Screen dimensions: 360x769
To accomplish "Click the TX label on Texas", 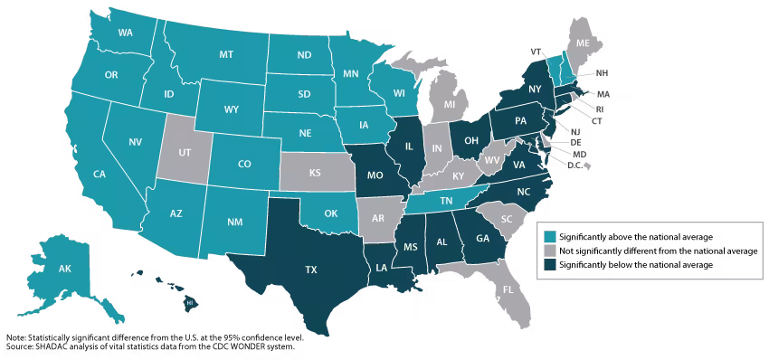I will [311, 270].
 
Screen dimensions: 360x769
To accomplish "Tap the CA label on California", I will [100, 174].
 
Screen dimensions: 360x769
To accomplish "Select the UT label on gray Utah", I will [185, 153].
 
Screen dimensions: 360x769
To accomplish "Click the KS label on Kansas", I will [316, 172].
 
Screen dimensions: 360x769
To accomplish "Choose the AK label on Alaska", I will [65, 269].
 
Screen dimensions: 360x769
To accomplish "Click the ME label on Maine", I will [583, 43].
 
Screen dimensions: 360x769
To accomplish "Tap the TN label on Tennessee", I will [446, 200].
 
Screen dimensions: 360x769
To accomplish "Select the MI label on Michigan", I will [450, 105].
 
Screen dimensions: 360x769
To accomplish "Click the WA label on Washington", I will [126, 33].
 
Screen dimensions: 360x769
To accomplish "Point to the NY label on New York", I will [535, 89].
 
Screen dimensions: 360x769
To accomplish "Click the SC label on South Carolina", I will [507, 219].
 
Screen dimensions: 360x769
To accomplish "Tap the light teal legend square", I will [550, 237].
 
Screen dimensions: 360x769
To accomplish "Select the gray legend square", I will [550, 251].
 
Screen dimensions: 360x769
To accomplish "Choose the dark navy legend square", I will [550, 265].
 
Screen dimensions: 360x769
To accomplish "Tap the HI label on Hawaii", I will [191, 304].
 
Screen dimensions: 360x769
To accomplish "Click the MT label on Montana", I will [226, 55].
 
